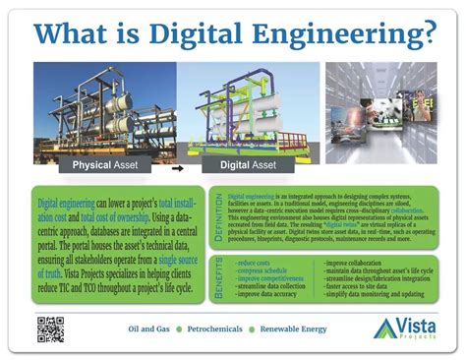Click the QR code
pos(51,328)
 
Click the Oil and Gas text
pos(152,328)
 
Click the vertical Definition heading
pos(218,222)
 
